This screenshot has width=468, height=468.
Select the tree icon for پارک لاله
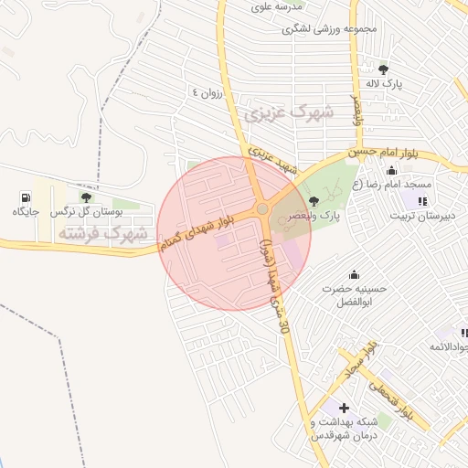tap(383, 69)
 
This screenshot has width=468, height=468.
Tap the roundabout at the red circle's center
tap(262, 209)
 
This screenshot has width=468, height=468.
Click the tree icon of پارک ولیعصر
tap(314, 201)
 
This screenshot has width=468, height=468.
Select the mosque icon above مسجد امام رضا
tap(392, 170)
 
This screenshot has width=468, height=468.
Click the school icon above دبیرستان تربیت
tap(421, 201)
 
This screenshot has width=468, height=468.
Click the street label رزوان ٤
tap(207, 92)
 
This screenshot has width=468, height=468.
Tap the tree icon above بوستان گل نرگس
tap(86, 197)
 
